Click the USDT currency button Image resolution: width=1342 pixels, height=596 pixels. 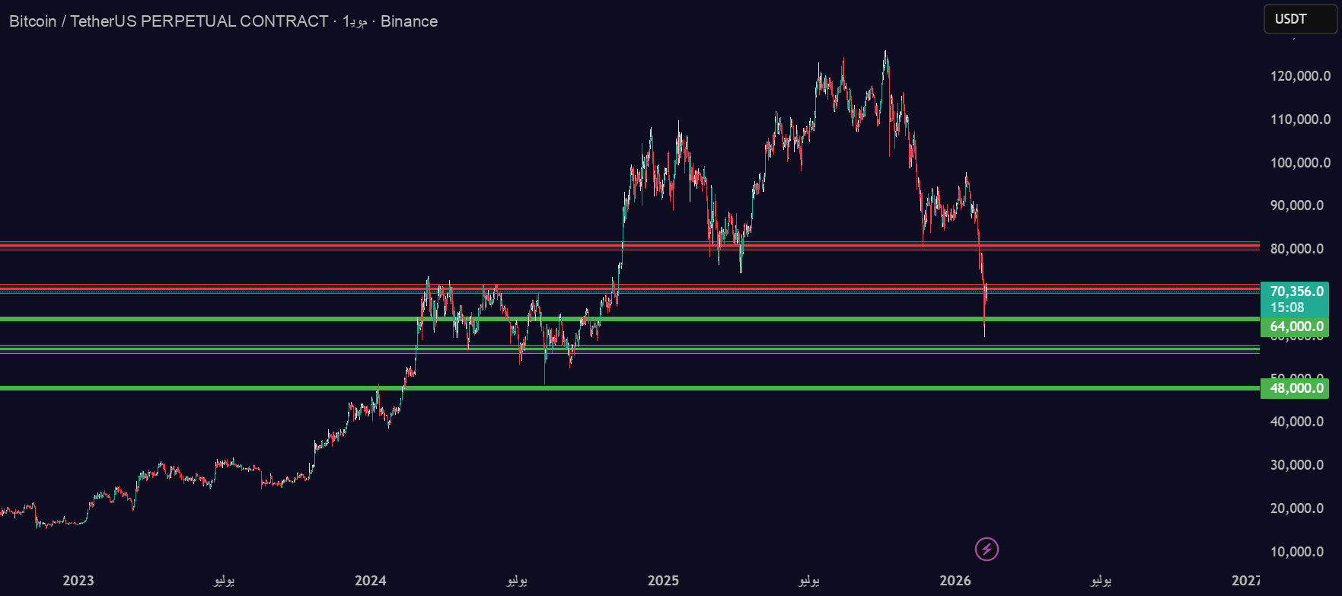(1299, 19)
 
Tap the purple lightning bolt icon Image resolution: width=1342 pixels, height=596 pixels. (987, 549)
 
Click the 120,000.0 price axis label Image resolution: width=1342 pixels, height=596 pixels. (1300, 76)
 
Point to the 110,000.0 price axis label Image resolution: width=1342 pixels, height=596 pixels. (1300, 120)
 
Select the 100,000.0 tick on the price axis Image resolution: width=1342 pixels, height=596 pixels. (1300, 163)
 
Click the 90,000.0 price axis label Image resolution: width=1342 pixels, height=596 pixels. (1300, 206)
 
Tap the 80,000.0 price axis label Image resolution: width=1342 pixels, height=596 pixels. (1300, 249)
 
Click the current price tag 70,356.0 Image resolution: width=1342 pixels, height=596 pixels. (1296, 292)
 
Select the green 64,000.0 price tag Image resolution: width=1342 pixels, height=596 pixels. (1296, 327)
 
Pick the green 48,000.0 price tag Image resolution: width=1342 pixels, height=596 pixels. (1296, 388)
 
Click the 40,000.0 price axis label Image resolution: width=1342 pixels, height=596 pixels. (1300, 422)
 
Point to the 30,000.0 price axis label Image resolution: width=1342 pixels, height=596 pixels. (1300, 465)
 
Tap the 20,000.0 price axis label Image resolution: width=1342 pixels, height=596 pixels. (1300, 508)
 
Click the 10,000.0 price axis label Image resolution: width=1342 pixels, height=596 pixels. (1300, 552)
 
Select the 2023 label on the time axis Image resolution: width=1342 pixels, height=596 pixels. (78, 581)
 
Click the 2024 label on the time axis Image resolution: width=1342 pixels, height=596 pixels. (371, 581)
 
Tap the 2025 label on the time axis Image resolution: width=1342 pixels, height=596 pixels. (663, 581)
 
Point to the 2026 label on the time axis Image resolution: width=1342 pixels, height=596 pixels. (955, 581)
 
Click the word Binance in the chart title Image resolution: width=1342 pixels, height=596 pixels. (409, 21)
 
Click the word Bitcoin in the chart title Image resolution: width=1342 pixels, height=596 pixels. (33, 21)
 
